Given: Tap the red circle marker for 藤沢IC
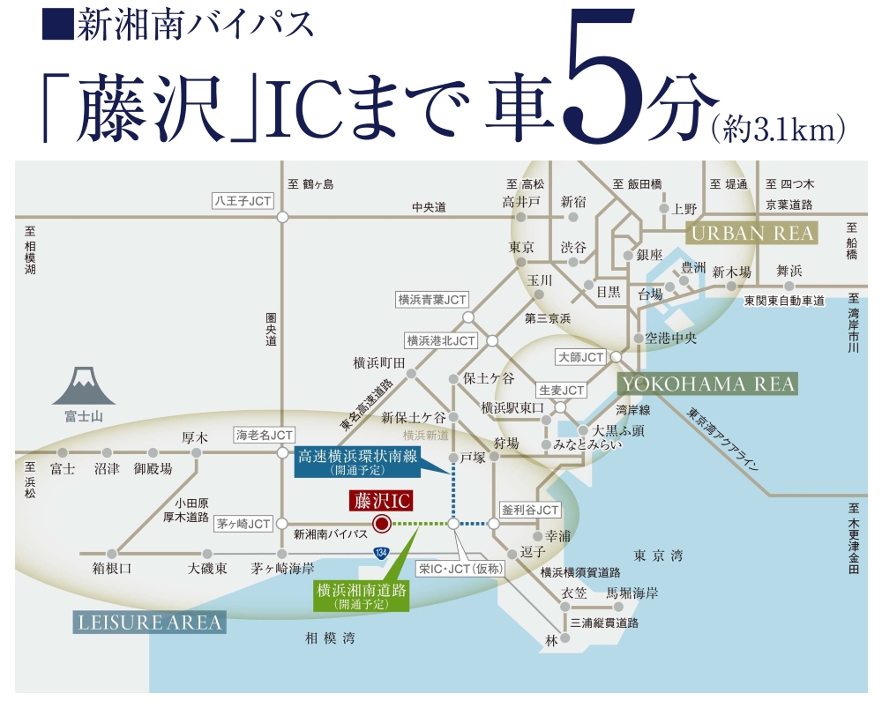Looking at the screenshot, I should [x=381, y=524].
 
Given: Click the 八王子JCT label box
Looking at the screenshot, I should [x=243, y=201].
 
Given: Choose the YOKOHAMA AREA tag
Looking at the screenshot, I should [x=706, y=384].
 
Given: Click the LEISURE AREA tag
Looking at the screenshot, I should [x=148, y=623].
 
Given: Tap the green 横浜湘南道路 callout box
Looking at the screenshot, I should [x=362, y=596].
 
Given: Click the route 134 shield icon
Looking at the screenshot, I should [x=380, y=553].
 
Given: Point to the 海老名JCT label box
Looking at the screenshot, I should [x=264, y=435].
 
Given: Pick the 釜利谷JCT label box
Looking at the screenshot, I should [x=530, y=511].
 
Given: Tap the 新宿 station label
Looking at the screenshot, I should [x=573, y=202].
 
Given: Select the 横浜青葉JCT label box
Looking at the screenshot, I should [x=431, y=300].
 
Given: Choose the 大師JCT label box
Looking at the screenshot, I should [x=581, y=357].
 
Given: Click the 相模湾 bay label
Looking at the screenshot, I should [x=330, y=638].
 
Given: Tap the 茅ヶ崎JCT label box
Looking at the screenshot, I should [x=243, y=524].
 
